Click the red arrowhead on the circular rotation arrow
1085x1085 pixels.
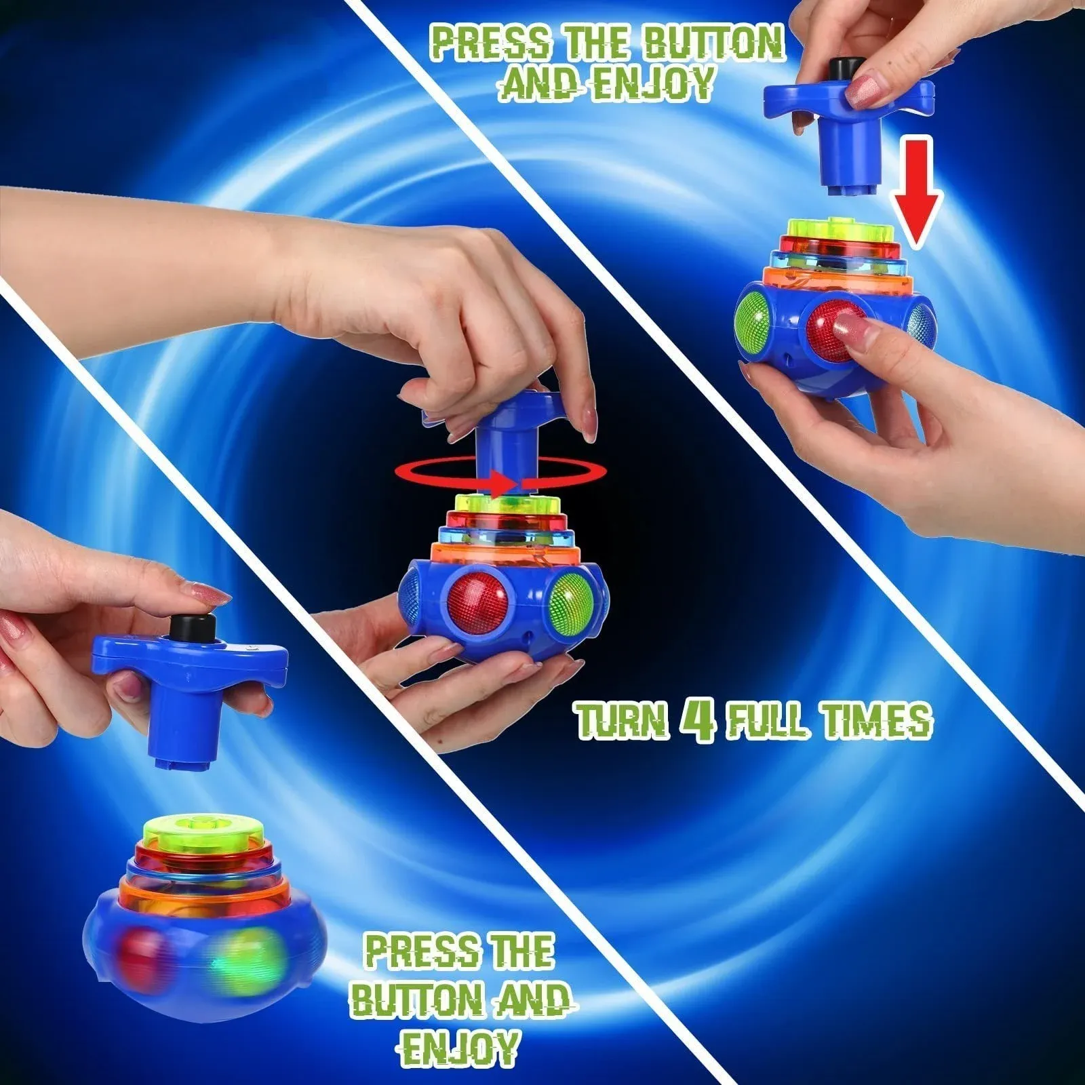[502, 484]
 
